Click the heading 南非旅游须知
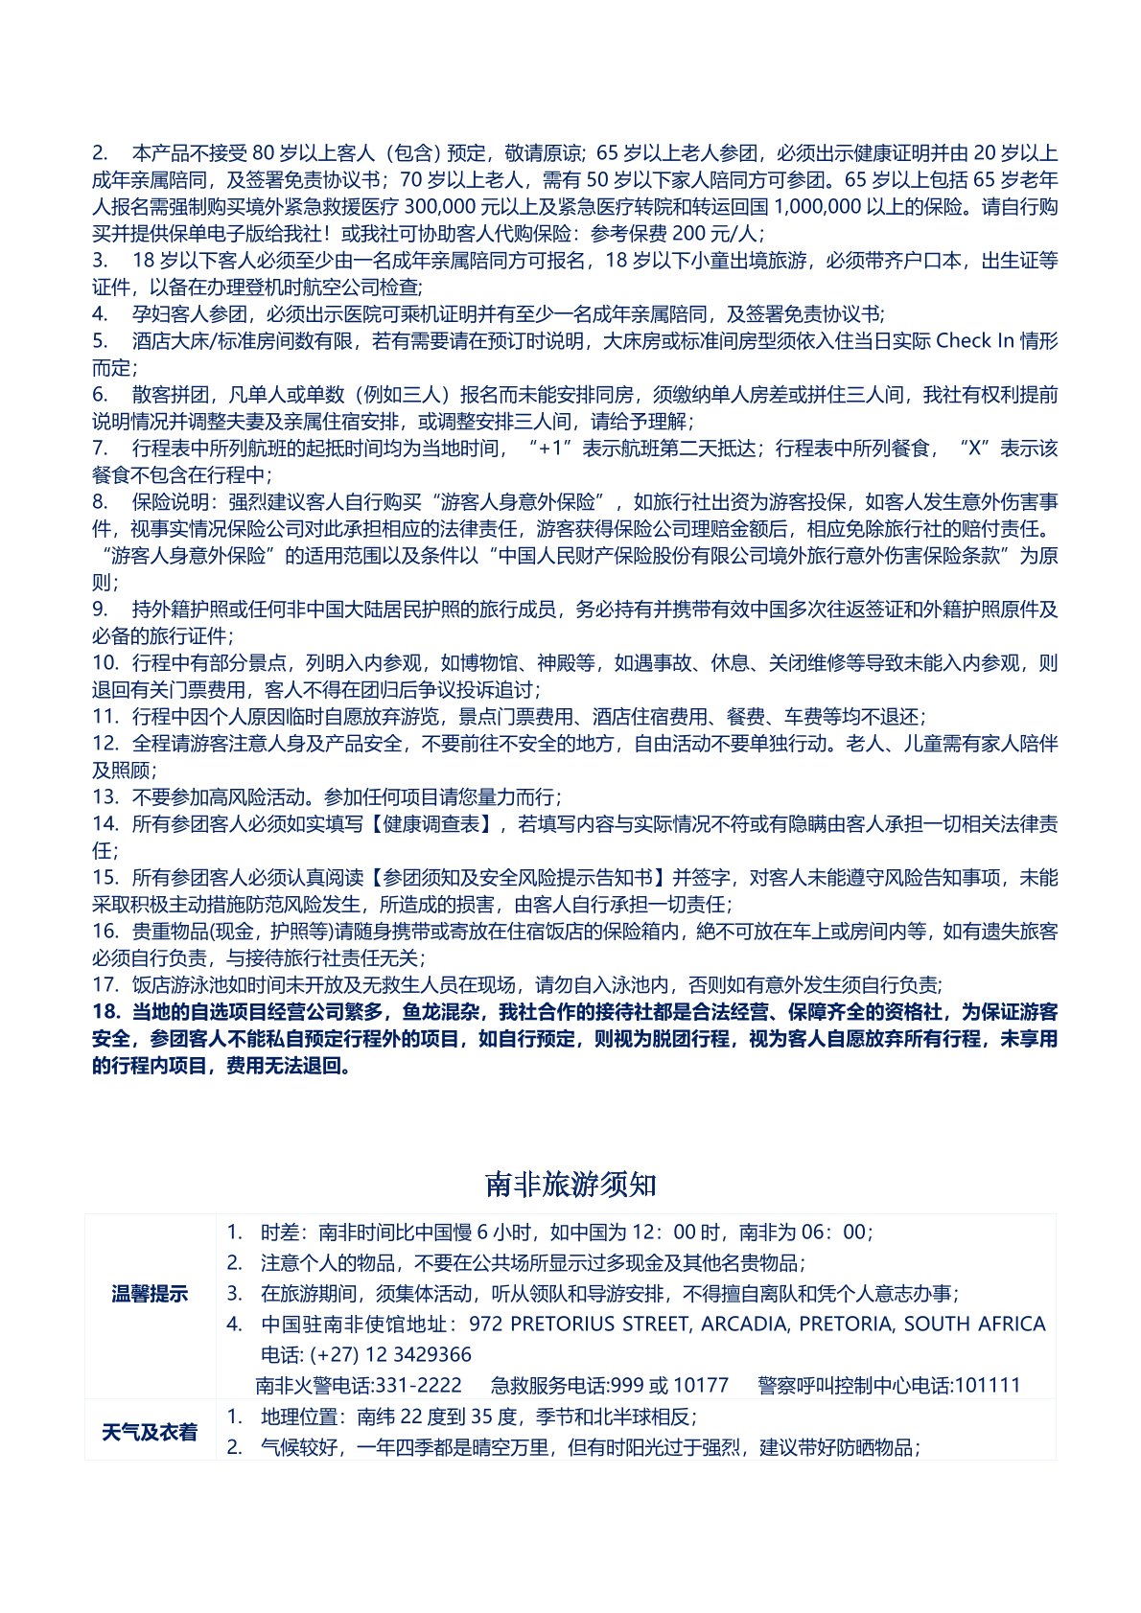570,1185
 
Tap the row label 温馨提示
150,1294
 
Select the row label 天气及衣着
150,1432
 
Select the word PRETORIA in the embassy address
846,1324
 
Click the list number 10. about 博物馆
105,663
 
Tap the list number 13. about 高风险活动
105,797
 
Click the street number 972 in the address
485,1324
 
